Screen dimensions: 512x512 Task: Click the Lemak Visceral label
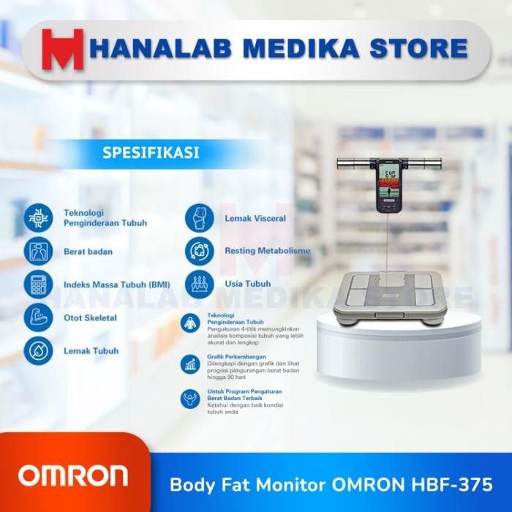(255, 218)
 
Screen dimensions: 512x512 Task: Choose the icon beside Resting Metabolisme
(199, 250)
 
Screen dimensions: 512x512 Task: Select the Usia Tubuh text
(248, 283)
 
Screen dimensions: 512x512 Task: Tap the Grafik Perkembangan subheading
(233, 357)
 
